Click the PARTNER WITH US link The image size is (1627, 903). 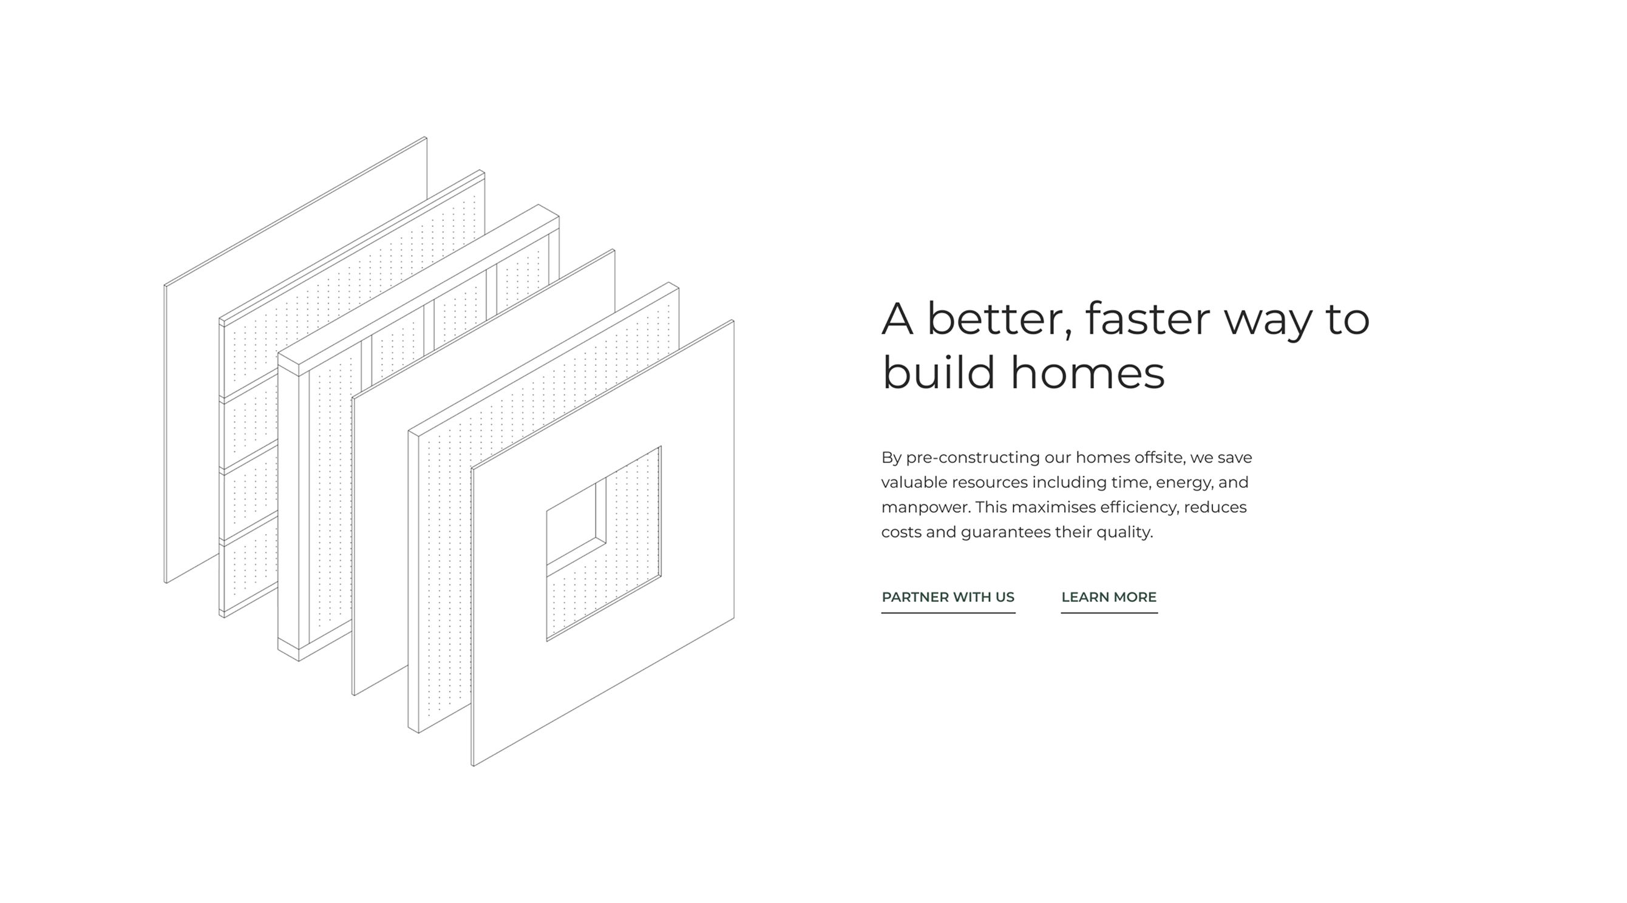948,597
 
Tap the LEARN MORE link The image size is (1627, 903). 1109,597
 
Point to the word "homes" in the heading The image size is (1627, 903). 1088,373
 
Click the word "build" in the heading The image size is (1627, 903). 939,373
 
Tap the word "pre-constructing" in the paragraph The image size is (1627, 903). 973,458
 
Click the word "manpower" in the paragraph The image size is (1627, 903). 925,508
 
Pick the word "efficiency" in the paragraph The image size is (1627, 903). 1140,507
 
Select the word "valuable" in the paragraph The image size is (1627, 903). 914,482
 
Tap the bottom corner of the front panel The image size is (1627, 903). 474,765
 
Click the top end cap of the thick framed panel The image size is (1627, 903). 419,291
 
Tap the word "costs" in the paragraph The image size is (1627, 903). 902,532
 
